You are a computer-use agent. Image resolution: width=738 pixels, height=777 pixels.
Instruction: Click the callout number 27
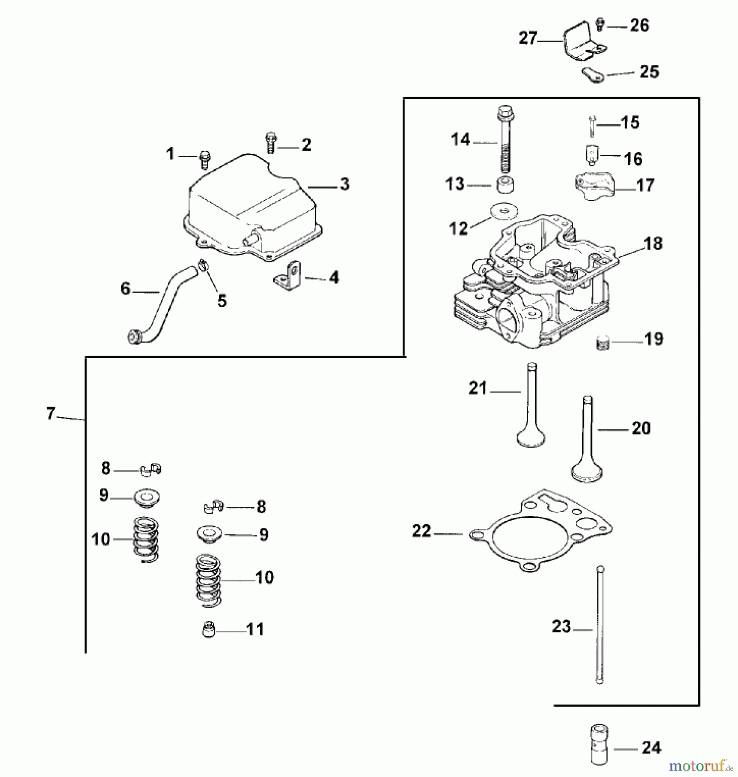528,38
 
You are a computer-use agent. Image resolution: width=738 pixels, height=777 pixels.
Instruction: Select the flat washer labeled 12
504,212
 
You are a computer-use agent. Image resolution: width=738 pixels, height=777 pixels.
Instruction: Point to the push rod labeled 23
599,626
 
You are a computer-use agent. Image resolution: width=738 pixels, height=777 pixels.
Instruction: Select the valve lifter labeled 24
599,751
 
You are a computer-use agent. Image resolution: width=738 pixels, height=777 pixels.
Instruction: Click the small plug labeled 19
603,343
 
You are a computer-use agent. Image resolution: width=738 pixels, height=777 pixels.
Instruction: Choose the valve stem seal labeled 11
208,630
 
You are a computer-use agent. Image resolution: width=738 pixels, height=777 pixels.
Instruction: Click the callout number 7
51,414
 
